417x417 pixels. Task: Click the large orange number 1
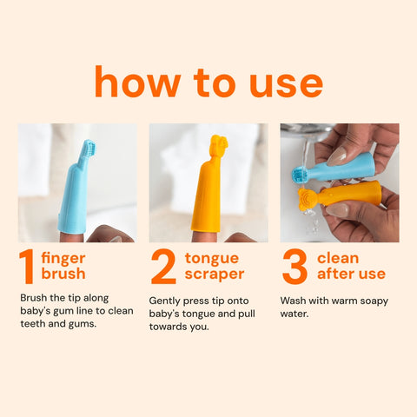28,267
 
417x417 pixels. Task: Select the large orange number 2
163,267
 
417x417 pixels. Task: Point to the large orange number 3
295,267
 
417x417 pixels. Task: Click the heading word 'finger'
63,258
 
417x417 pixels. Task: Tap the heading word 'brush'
63,275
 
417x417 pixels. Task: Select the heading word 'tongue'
212,258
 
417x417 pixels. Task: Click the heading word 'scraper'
214,275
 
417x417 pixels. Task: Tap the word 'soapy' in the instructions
373,300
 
